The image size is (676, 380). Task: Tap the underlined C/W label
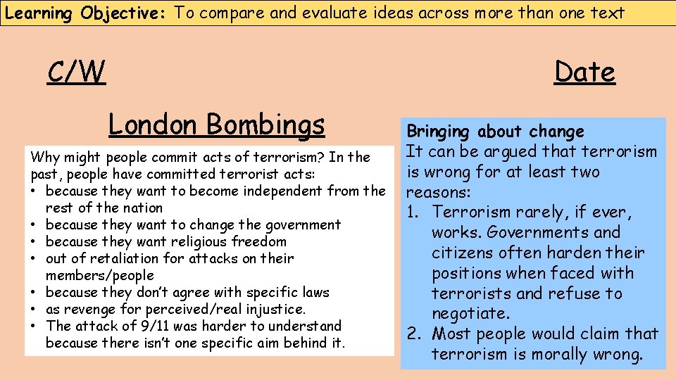click(x=76, y=72)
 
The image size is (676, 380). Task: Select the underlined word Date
click(x=584, y=72)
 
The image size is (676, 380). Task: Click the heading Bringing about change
click(x=496, y=132)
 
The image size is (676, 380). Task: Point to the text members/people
click(x=99, y=275)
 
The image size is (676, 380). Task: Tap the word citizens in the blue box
click(x=460, y=253)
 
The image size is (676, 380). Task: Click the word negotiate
click(x=470, y=313)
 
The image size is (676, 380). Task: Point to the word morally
click(x=557, y=354)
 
